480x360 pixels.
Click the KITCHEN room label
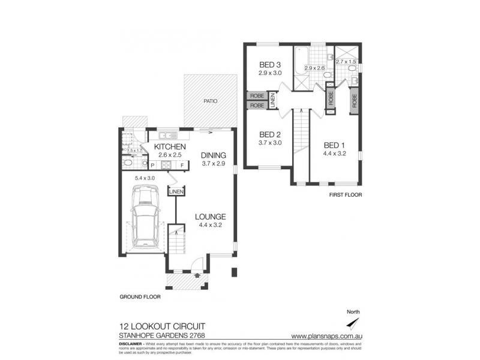[169, 147]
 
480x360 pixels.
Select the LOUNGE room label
[209, 217]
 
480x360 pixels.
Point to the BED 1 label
[334, 145]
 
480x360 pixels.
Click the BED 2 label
[270, 134]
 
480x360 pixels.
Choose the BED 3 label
[270, 65]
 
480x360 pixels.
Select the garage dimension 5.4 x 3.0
[145, 178]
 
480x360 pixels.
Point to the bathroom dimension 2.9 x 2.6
[314, 68]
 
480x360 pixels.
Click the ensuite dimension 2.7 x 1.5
[346, 62]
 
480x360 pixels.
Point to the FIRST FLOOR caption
[346, 195]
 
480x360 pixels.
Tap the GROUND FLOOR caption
[140, 296]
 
